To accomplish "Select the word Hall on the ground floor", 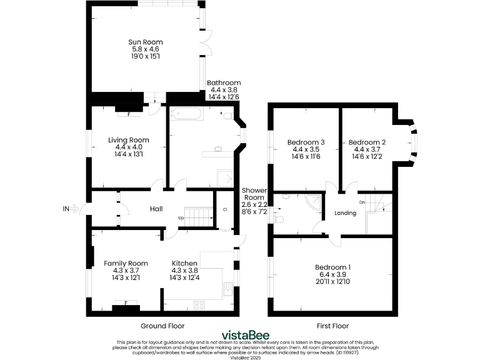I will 156,208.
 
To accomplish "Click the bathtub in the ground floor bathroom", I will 186,114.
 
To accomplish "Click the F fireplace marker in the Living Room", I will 129,114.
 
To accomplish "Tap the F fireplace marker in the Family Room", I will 126,303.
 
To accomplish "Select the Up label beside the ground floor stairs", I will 181,218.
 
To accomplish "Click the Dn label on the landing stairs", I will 362,202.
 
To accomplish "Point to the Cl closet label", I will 224,209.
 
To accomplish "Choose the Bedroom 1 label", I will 332,267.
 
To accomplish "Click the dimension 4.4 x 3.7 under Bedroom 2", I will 367,149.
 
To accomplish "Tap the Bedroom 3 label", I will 306,142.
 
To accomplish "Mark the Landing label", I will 345,213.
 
